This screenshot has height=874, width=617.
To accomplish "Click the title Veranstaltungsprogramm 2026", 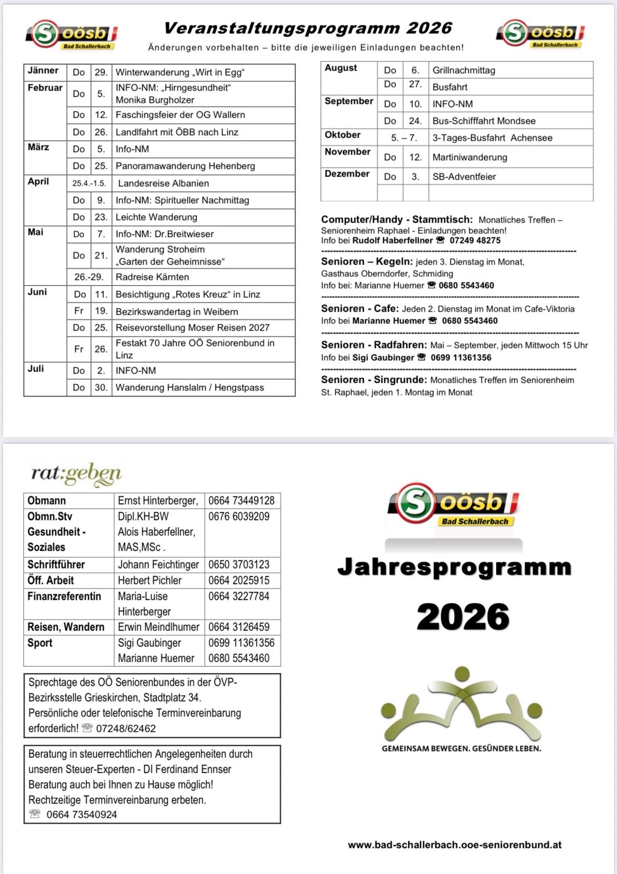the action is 307,28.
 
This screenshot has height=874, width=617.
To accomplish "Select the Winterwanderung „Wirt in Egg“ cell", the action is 180,73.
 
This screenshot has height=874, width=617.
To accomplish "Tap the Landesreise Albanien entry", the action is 163,183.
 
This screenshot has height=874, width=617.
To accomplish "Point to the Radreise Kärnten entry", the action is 152,277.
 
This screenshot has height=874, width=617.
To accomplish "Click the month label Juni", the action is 37,292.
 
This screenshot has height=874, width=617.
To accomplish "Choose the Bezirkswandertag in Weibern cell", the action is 177,311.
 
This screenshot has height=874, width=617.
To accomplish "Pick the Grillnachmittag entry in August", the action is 464,70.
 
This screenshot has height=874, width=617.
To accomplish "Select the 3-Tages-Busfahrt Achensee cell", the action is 492,138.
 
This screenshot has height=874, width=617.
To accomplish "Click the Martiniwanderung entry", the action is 470,157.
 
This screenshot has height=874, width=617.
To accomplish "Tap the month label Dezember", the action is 347,174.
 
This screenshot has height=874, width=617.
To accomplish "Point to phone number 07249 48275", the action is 475,241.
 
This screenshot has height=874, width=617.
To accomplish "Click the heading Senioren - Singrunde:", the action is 373,380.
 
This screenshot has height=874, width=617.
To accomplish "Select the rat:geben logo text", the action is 76,474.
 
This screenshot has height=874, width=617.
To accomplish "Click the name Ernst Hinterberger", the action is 158,500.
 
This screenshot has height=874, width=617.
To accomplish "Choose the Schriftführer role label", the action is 56,564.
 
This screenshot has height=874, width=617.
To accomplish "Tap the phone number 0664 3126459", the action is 239,627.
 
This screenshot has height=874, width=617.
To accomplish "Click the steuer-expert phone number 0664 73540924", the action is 81,815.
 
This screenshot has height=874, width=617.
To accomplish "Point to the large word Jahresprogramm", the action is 454,567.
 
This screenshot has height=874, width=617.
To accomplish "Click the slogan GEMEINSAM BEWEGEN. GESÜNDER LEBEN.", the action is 461,748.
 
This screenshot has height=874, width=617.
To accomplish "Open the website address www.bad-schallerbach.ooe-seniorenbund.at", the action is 454,845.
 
